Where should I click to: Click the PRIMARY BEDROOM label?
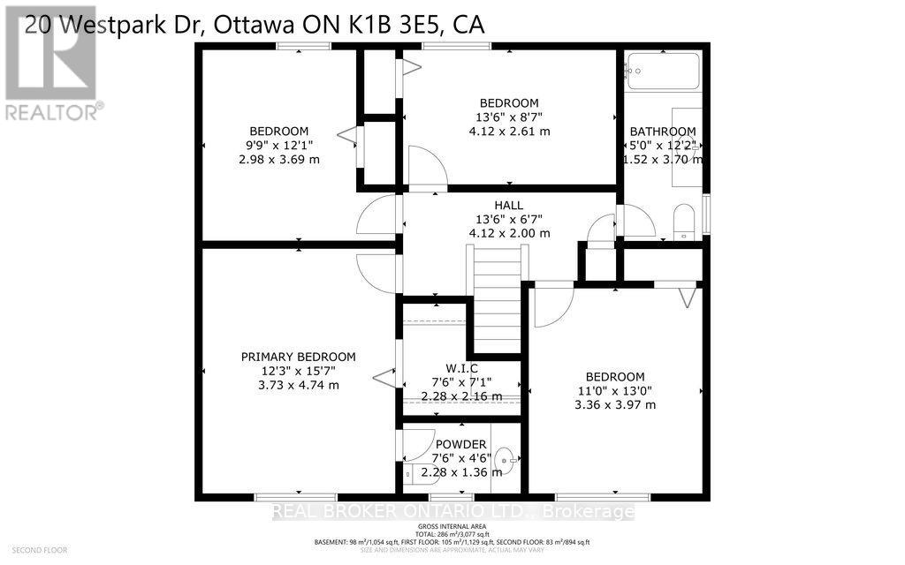(298, 357)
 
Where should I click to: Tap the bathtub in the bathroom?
(663, 72)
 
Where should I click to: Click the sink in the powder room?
(505, 458)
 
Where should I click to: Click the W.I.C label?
(460, 367)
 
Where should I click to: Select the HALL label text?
(508, 205)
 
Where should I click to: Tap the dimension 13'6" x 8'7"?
(508, 117)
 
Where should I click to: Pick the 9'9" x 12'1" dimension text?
(278, 145)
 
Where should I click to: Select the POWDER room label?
(460, 444)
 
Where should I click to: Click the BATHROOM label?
(662, 132)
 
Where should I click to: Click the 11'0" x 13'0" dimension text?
(612, 390)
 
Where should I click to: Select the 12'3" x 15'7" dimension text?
(298, 371)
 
